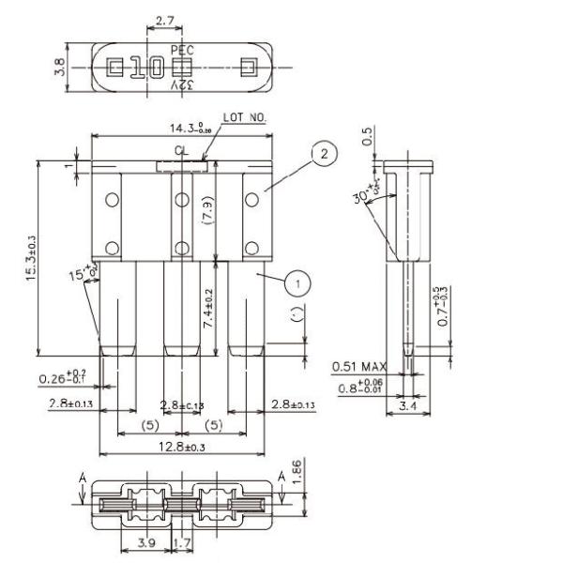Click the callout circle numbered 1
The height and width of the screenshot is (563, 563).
click(x=296, y=279)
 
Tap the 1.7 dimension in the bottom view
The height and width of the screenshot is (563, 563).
click(x=184, y=543)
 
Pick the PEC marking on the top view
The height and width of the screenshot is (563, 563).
click(x=184, y=49)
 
